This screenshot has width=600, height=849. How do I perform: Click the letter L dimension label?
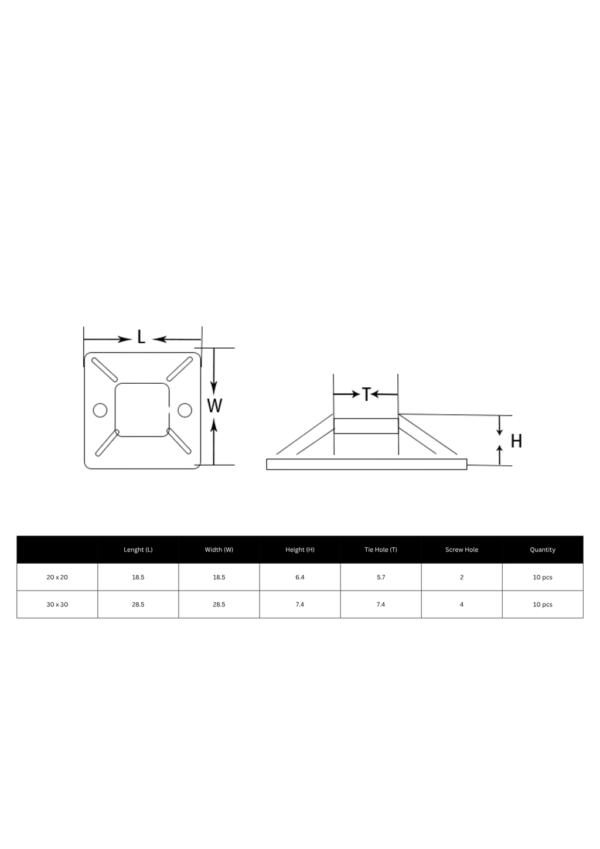(141, 337)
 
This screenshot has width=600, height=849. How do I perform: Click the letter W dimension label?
(214, 406)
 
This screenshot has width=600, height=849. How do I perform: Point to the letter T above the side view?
(366, 394)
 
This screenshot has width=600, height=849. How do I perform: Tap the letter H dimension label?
(516, 441)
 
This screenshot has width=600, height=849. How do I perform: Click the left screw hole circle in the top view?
(100, 410)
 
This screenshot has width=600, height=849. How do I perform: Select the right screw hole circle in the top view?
(185, 410)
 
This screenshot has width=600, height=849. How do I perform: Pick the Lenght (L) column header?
(138, 550)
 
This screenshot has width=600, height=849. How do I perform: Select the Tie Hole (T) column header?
(380, 550)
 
